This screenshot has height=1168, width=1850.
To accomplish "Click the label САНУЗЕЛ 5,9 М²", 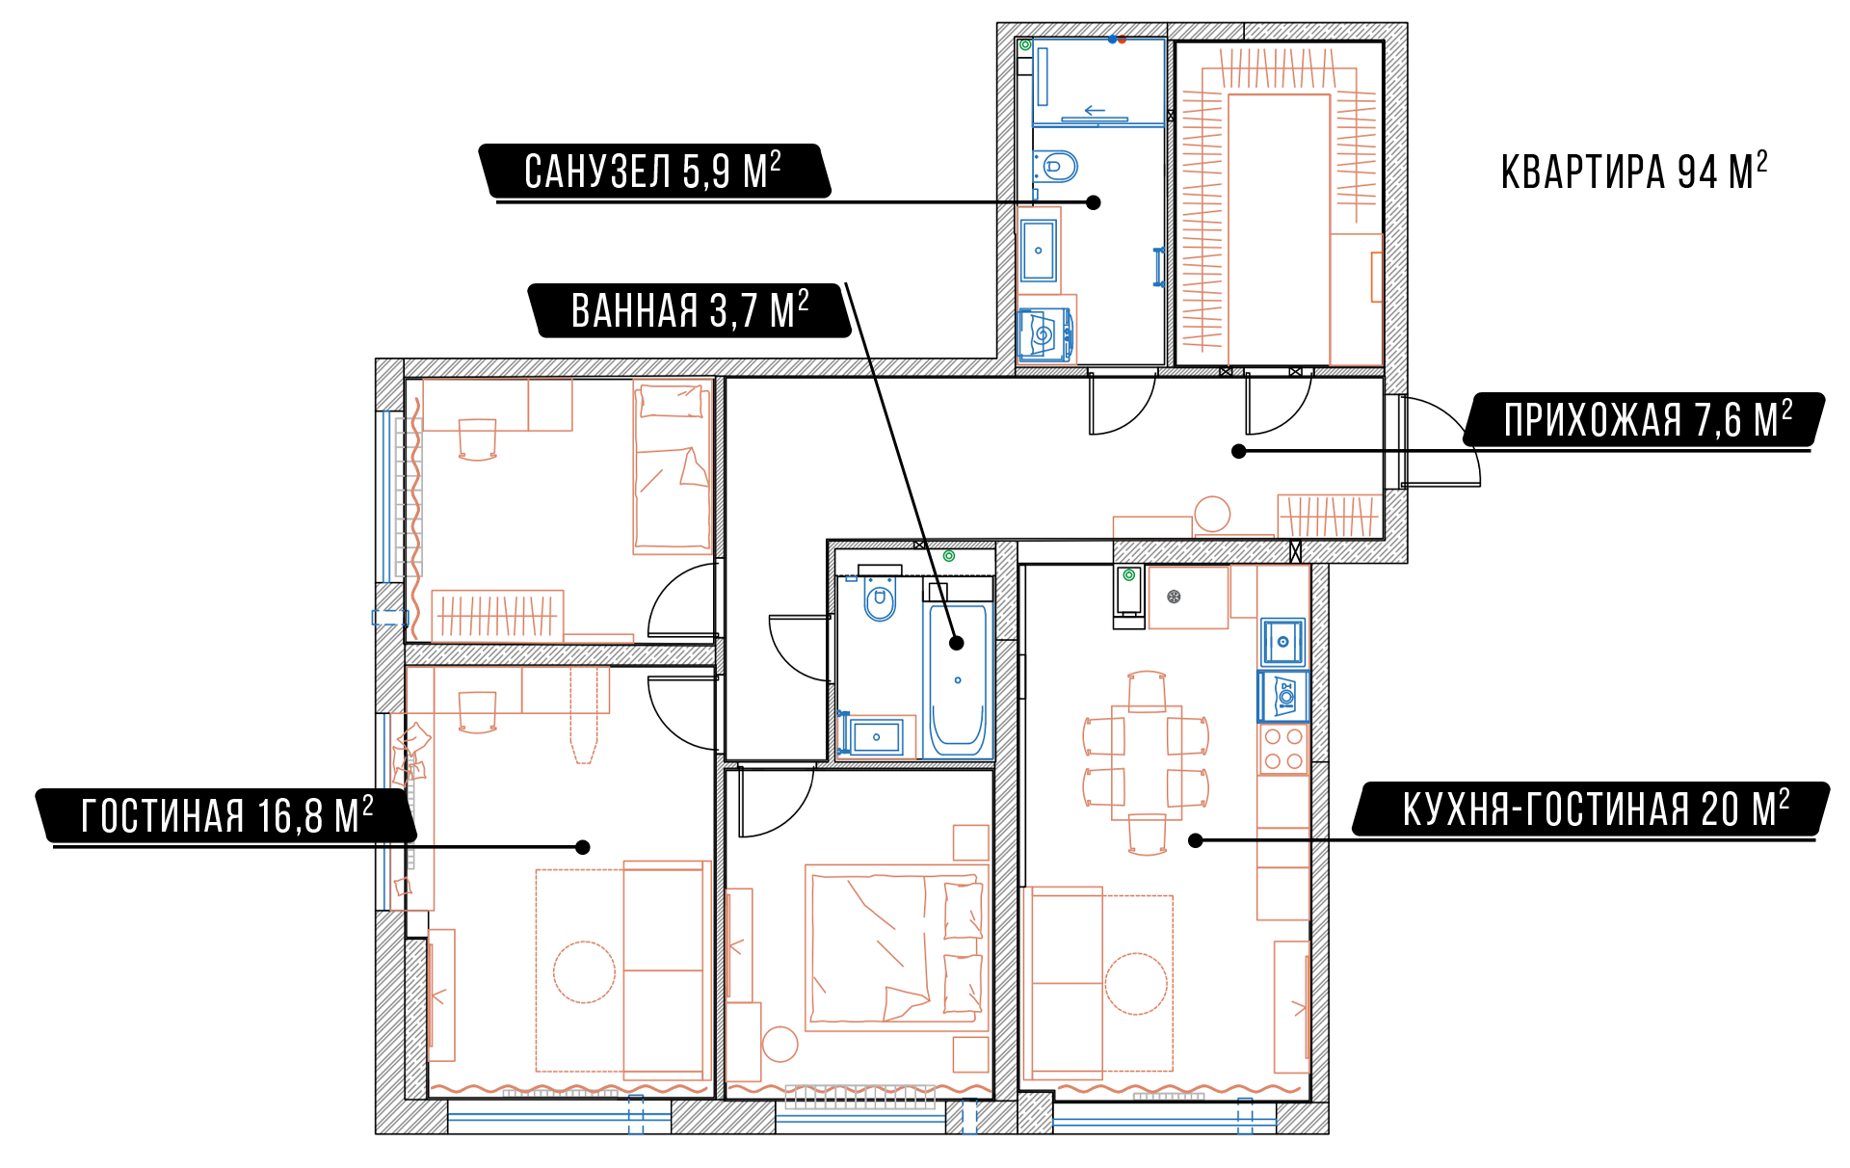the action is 653,171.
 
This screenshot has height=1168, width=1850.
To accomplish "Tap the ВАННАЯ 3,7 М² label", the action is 690,310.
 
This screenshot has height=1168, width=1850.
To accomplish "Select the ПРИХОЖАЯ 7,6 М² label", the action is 1647,419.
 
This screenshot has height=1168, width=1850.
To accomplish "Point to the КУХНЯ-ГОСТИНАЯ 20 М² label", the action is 1594,809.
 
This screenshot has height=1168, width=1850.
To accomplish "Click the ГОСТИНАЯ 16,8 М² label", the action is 226,815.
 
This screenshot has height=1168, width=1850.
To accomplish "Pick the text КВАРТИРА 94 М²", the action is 1634,172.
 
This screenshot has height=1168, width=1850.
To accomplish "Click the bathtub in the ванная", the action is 958,680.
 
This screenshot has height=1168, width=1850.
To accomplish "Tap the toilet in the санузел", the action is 1056,167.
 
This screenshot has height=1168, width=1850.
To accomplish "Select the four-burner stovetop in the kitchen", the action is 1283,749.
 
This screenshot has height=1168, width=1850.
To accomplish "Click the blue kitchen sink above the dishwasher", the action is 1283,642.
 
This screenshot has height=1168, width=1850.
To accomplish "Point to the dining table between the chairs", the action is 1147,762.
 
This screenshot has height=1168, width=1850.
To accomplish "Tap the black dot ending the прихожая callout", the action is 1239,451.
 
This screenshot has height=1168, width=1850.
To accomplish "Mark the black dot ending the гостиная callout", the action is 583,847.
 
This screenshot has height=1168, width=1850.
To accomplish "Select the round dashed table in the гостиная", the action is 584,972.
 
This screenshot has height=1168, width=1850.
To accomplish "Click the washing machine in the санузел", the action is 1044,334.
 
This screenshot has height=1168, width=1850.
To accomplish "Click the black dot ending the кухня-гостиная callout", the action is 1196,840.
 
